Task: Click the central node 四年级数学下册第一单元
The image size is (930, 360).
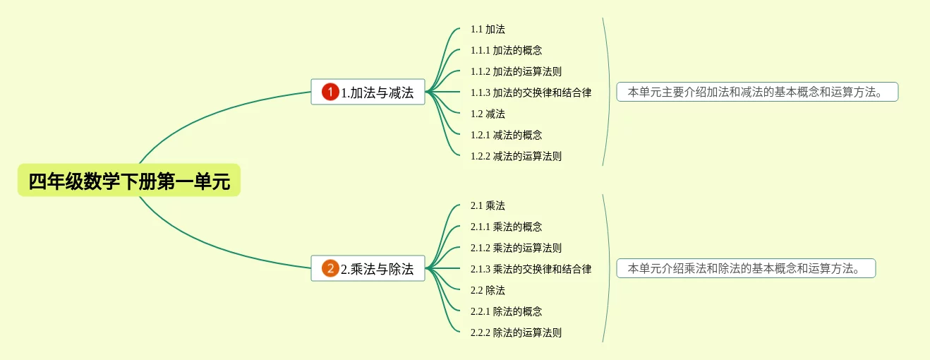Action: (x=129, y=181)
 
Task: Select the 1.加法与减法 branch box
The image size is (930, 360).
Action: (x=368, y=92)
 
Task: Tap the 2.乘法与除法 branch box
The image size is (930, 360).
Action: (x=368, y=268)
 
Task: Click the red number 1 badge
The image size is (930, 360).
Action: (x=330, y=92)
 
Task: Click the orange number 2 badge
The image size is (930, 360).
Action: (x=330, y=268)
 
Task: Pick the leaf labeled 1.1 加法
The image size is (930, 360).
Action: (x=488, y=30)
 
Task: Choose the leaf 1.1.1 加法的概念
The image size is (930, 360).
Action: (x=506, y=51)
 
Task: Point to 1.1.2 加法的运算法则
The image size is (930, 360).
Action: (x=516, y=72)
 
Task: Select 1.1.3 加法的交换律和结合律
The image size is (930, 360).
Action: (x=531, y=92)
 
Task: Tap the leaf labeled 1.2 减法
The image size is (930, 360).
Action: (x=488, y=114)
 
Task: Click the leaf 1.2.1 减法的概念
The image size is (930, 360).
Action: (x=506, y=135)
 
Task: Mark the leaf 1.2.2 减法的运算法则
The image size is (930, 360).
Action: (x=516, y=156)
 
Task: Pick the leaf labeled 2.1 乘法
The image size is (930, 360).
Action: (x=488, y=206)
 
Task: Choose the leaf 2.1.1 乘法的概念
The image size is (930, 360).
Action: (x=506, y=227)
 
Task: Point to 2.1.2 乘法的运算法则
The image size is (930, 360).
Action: (x=516, y=248)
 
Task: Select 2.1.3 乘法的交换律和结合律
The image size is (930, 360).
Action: (x=531, y=269)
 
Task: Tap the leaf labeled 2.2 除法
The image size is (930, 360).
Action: (x=488, y=290)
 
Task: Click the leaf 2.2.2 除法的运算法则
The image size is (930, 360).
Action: (x=516, y=332)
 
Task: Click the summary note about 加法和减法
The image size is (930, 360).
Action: (x=757, y=92)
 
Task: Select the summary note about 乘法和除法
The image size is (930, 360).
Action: (x=746, y=268)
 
